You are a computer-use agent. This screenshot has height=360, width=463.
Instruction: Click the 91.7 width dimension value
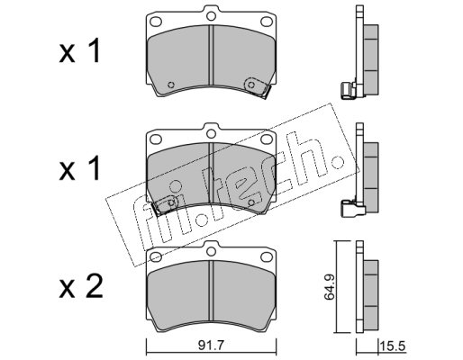211,346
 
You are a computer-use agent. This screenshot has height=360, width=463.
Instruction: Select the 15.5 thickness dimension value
394,346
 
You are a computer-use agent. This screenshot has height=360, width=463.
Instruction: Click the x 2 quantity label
80,286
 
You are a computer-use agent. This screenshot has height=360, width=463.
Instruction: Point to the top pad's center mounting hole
212,15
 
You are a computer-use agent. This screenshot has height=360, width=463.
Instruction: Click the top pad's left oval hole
156,22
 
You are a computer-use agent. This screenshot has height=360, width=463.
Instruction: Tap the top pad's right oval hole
267,22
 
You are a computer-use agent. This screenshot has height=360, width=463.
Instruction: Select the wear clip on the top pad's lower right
258,87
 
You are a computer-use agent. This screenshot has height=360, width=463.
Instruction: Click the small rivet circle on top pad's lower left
171,85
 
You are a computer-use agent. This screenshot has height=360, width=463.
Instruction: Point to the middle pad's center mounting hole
212,133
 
